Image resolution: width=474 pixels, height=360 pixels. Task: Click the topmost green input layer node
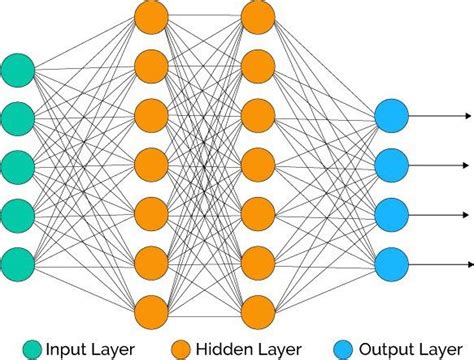tap(18, 70)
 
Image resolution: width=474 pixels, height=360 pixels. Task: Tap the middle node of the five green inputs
tap(18, 166)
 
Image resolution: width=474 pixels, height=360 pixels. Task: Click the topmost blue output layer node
tap(391, 117)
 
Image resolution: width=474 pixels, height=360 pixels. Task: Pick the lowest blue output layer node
tap(391, 262)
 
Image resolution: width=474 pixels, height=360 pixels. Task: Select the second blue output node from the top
tap(391, 165)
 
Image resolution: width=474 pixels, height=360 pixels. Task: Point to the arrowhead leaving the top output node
tap(466, 117)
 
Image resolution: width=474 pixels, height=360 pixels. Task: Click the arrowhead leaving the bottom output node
tap(466, 262)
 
